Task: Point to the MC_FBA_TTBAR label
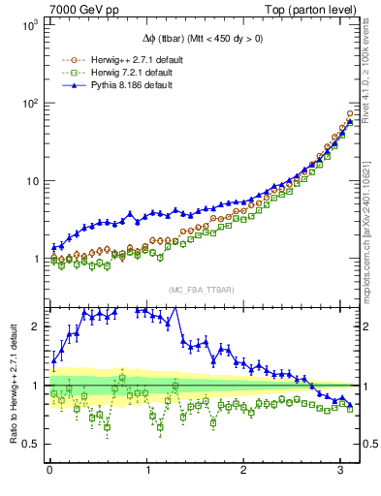coord(202,291)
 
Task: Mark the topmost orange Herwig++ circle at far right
coord(350,113)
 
